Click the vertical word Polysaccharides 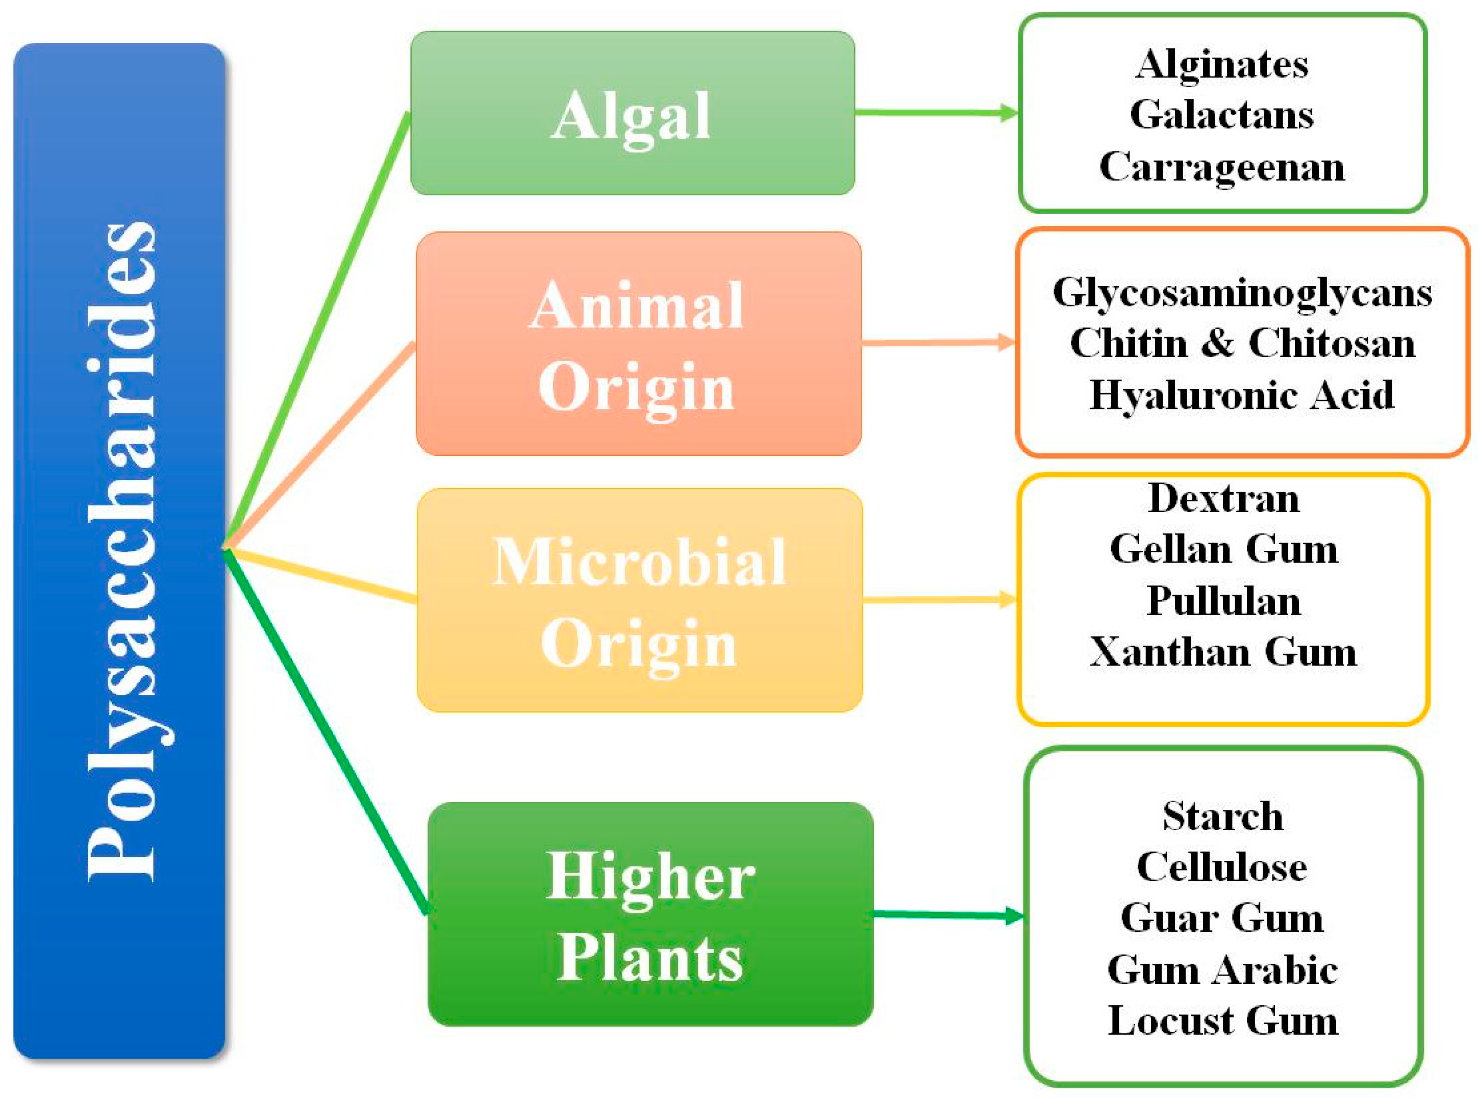tap(121, 552)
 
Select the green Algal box tap(632, 114)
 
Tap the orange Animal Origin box tap(638, 344)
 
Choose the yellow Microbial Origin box tap(639, 600)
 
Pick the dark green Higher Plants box tap(650, 914)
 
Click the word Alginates tap(1222, 64)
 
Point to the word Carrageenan tap(1222, 166)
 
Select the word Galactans tap(1222, 115)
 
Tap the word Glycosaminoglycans tap(1242, 292)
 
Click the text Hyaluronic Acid tap(1242, 395)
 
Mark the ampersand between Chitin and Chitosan tap(1218, 344)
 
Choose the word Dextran tap(1223, 498)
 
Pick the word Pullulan tap(1223, 601)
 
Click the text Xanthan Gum tap(1223, 651)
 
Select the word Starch tap(1223, 816)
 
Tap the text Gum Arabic tap(1222, 969)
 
